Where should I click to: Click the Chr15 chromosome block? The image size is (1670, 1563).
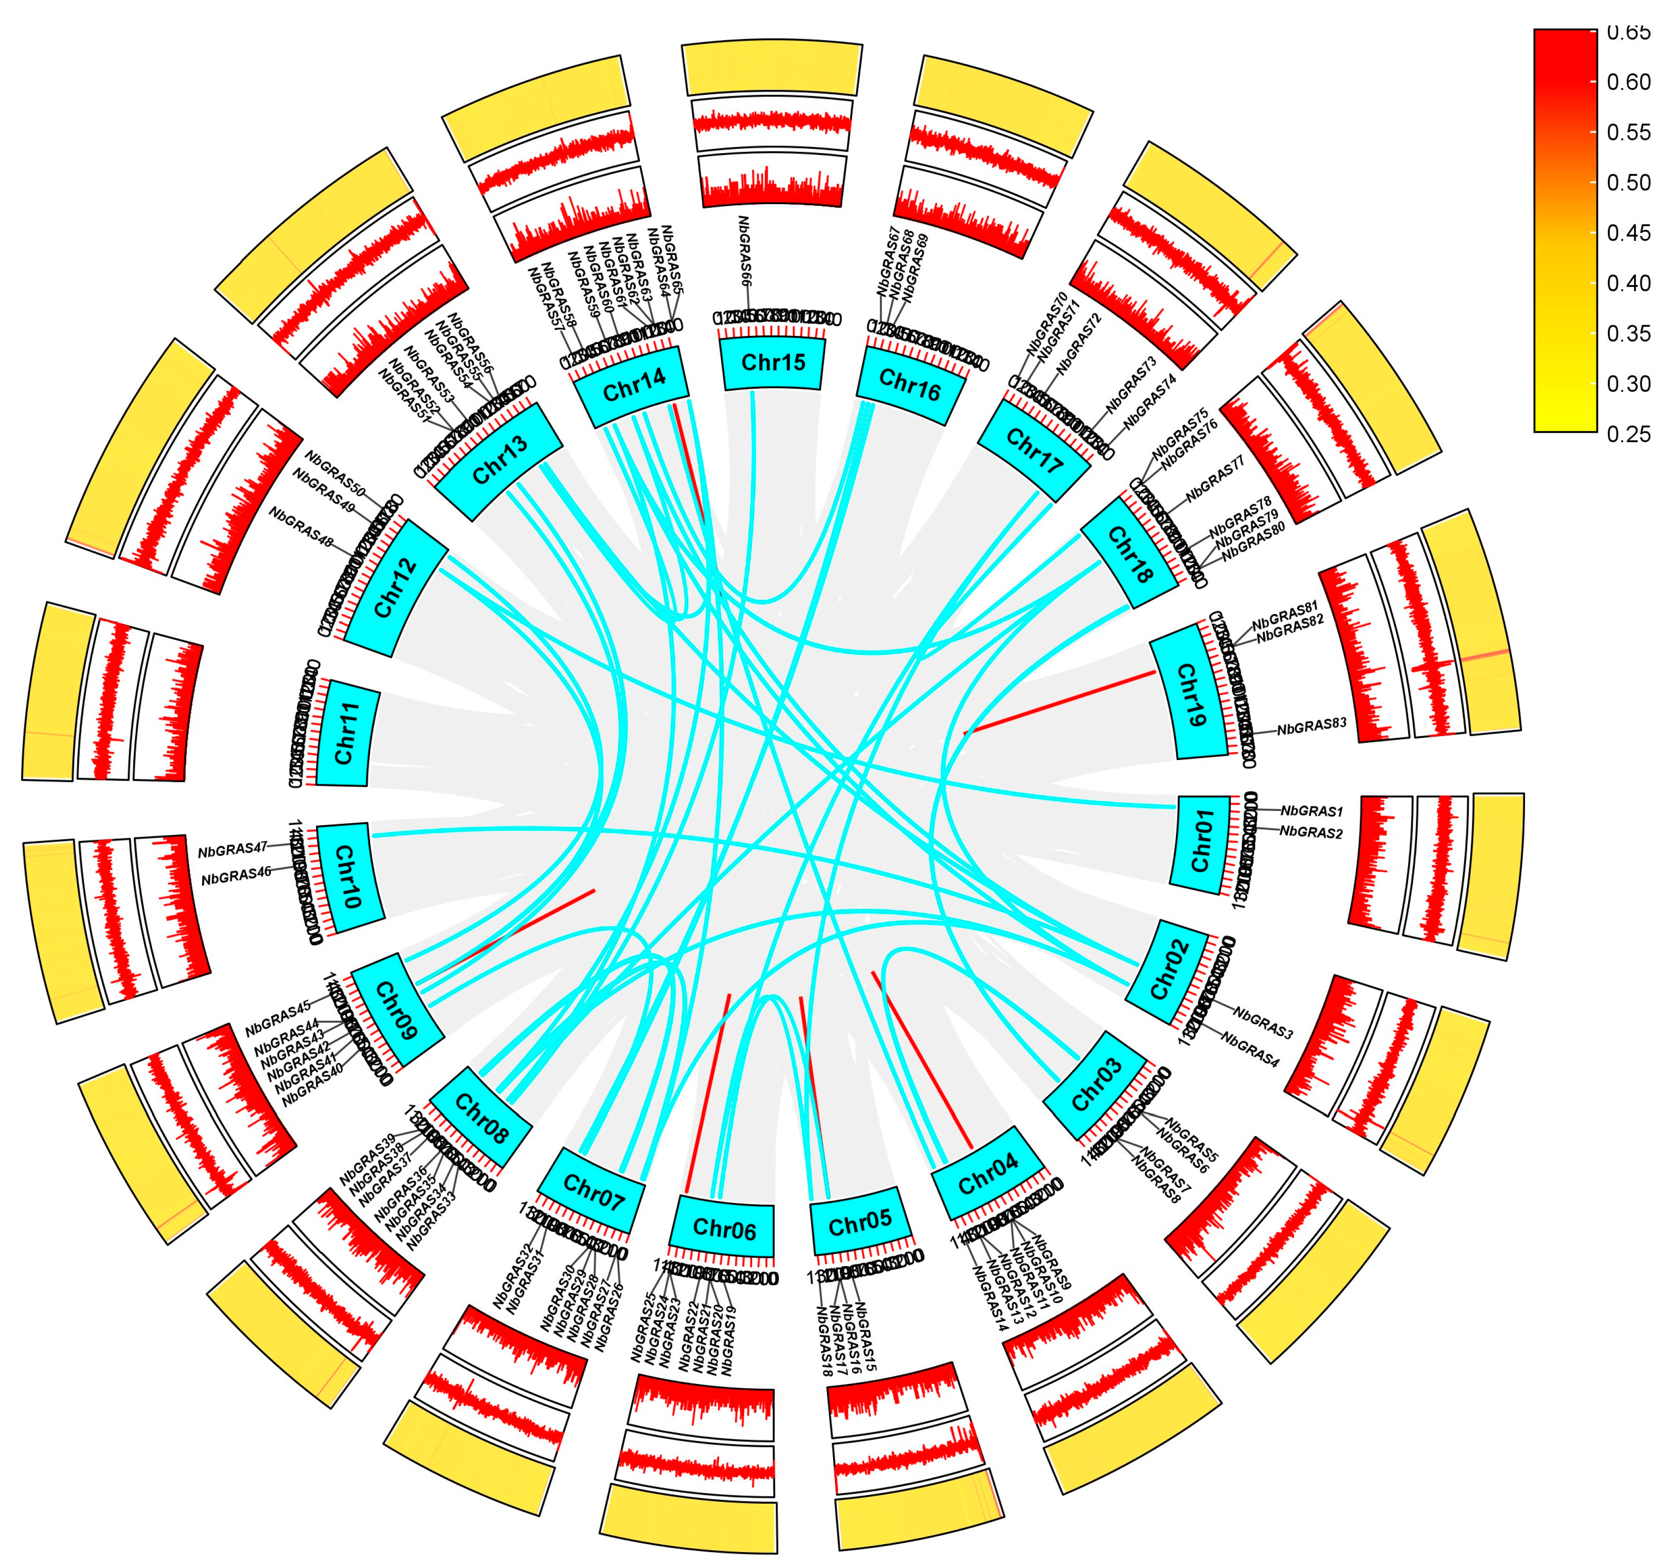click(x=773, y=363)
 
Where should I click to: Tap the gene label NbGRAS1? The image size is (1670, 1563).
click(x=1311, y=812)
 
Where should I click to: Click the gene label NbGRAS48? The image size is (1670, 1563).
click(x=300, y=526)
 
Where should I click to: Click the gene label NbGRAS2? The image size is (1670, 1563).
click(x=1311, y=832)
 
